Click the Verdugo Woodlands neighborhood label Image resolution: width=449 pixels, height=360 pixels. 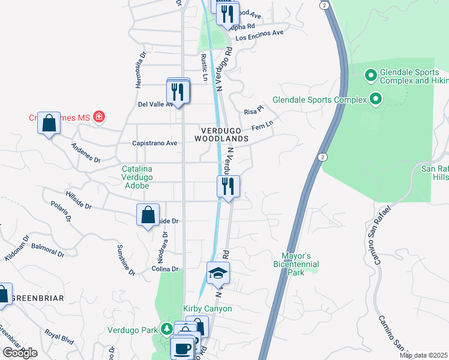point(221,134)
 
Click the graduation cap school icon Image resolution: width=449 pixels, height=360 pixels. point(218,274)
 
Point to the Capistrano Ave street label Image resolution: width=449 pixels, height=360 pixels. point(155,143)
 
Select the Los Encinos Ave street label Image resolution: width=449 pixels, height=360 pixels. point(259,37)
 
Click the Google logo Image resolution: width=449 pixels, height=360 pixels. point(20,353)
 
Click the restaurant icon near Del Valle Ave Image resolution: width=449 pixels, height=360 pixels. point(178,92)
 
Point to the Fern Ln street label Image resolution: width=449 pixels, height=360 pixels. point(262,125)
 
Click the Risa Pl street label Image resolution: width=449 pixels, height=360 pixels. point(254,111)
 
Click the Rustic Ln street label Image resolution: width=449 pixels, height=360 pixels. point(205,68)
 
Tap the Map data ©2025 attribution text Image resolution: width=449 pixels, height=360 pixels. point(423,355)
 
